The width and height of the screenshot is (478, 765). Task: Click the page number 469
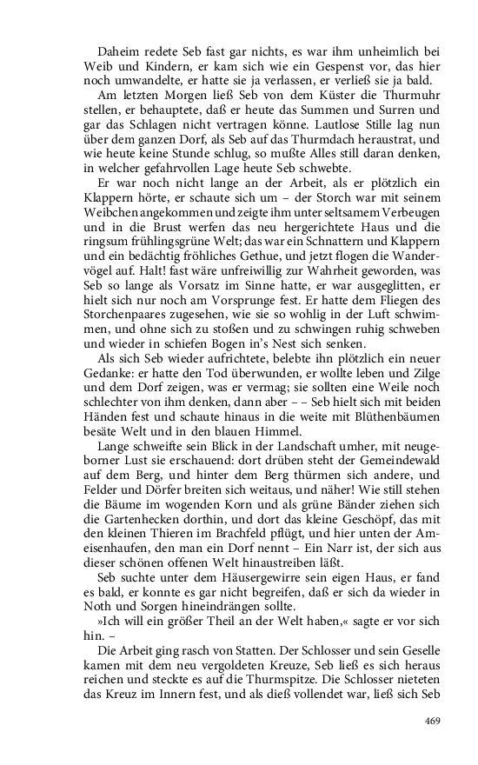point(434,721)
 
